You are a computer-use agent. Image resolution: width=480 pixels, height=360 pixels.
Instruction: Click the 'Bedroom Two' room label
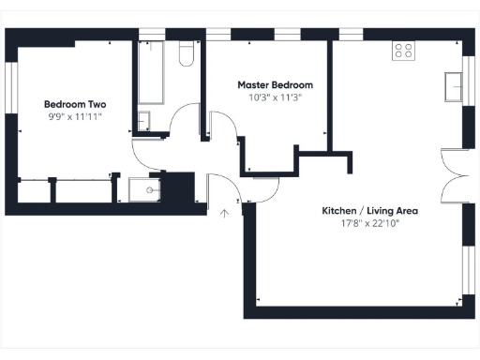coord(73,103)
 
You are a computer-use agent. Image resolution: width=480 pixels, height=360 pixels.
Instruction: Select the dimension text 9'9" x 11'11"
coord(73,116)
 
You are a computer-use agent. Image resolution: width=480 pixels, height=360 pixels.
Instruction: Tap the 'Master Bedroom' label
coord(275,84)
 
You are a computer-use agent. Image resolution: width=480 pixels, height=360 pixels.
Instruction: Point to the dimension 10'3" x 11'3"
coord(275,97)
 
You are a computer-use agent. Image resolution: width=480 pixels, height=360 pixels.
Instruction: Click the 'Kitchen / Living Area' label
coord(369,211)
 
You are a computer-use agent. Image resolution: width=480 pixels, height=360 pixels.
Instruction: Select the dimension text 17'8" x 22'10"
coord(369,224)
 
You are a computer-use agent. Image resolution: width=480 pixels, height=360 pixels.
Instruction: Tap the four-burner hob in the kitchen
coord(404,51)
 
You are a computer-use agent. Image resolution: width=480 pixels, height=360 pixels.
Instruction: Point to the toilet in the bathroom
coord(186,55)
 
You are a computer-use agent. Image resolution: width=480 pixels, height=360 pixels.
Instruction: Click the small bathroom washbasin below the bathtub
coord(144,120)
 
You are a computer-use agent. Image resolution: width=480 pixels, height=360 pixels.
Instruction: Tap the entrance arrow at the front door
coord(223,214)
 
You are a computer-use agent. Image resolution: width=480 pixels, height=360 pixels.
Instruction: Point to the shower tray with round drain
coord(148,190)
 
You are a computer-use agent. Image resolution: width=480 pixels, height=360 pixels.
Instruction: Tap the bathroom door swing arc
coord(187,122)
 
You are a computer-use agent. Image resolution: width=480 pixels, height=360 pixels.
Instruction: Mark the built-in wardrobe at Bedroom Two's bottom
coord(66,190)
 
